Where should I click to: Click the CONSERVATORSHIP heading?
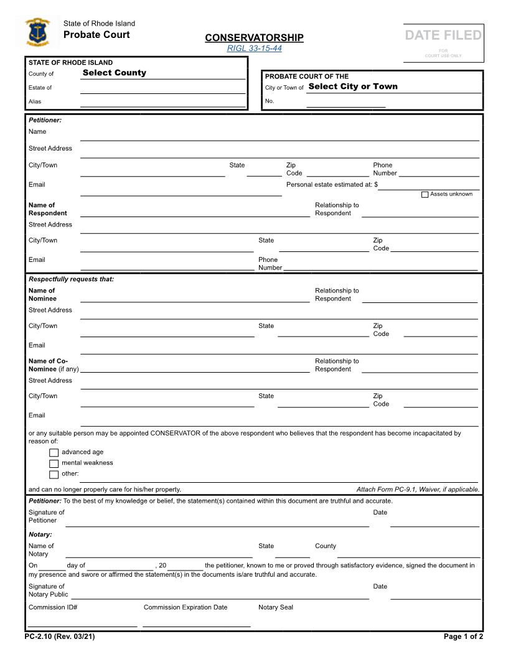[x=254, y=38]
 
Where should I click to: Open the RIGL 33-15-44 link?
[x=254, y=48]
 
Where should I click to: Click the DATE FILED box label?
[x=443, y=35]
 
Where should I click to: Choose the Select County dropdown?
[x=115, y=73]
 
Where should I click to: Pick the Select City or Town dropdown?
[x=352, y=86]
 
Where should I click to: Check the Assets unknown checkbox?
[x=425, y=195]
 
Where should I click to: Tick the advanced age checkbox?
[x=54, y=452]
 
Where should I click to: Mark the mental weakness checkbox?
[x=54, y=464]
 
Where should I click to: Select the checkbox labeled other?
[x=54, y=475]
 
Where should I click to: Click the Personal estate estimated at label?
[x=332, y=185]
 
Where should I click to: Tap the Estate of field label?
[x=40, y=88]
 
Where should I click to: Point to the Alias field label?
[x=35, y=101]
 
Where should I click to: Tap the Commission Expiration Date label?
[x=186, y=607]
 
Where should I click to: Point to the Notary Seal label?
[x=276, y=607]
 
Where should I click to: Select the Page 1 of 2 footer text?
[x=463, y=636]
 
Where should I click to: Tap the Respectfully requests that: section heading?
[x=71, y=279]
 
